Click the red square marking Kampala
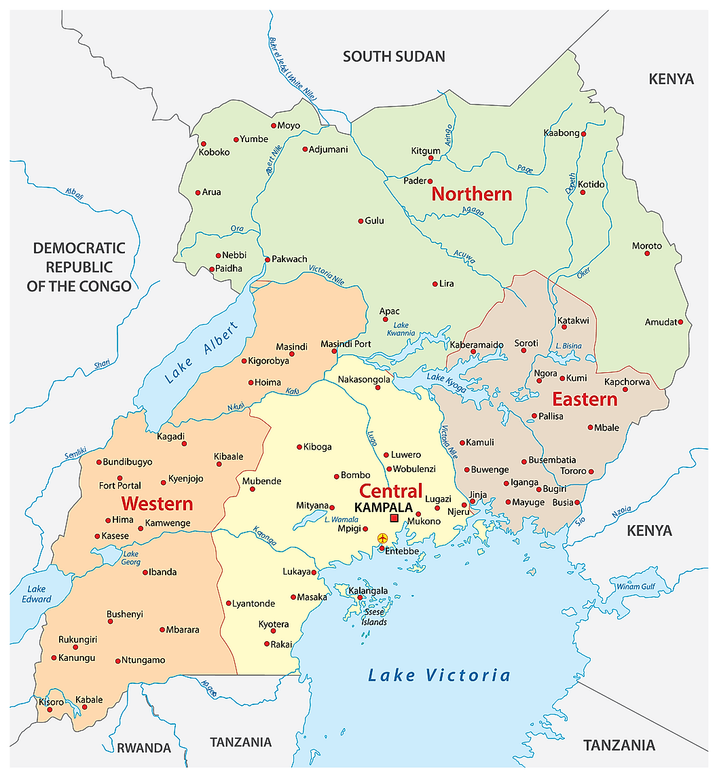coord(394,518)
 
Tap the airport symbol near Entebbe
coord(382,539)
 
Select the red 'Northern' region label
coord(472,194)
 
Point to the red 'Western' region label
coord(157,504)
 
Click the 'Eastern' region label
coord(585,399)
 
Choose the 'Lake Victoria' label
coord(439,675)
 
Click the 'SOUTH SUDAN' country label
coord(394,56)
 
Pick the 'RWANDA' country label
coord(144,748)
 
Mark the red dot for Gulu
coord(361,221)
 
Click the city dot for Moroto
coord(647,253)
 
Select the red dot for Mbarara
coord(162,630)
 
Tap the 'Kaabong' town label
coord(562,133)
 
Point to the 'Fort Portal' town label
coord(120,486)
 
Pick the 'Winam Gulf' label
coord(636,587)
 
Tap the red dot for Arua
coord(198,192)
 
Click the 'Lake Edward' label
coord(36,594)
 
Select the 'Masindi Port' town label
coord(346,344)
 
